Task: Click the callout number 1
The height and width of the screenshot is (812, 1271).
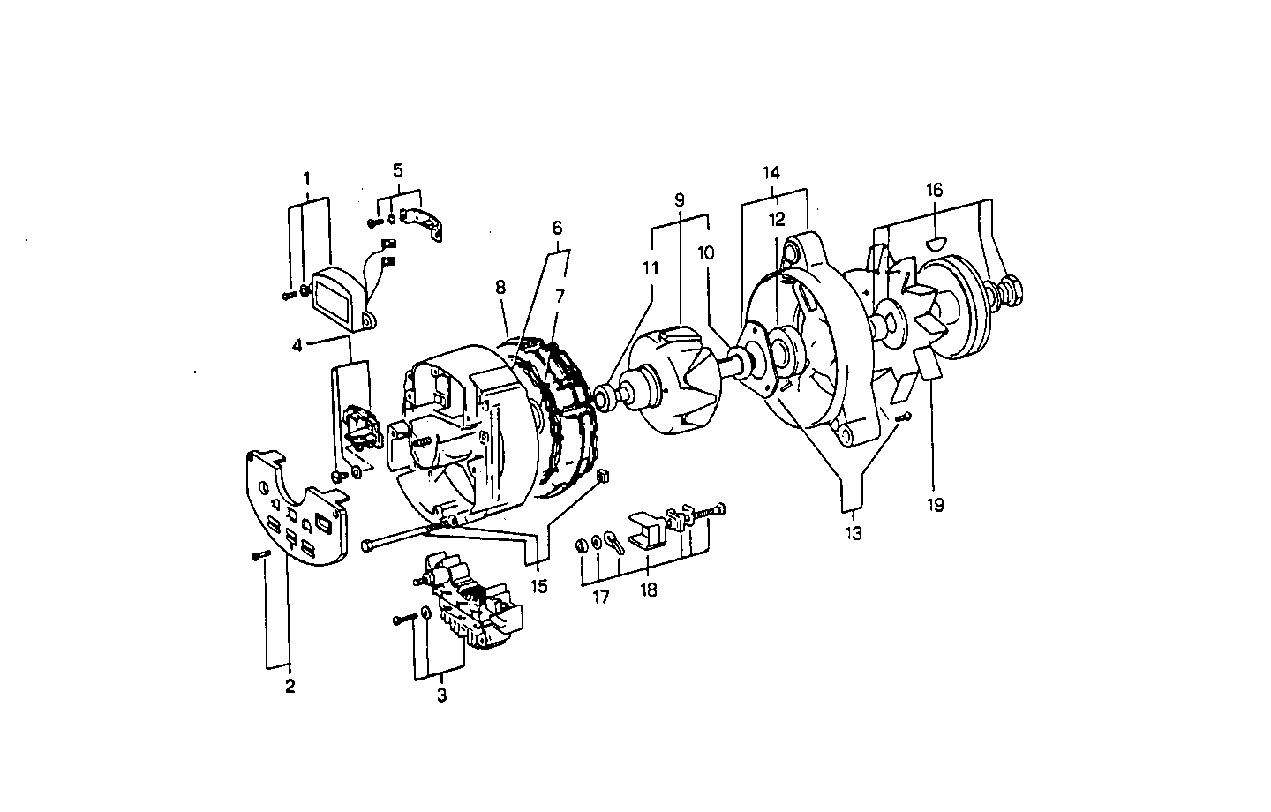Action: click(306, 178)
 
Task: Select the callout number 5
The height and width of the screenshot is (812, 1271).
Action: click(397, 170)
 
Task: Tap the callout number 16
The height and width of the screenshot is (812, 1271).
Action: click(935, 190)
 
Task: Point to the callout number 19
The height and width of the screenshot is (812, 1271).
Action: click(935, 505)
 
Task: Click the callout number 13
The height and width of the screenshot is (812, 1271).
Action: click(854, 533)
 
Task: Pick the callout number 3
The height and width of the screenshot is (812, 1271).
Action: click(441, 695)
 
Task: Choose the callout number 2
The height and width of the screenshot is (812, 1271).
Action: click(290, 686)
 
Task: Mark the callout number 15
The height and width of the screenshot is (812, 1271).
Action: click(538, 585)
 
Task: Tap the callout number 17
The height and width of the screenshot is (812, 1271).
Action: click(600, 598)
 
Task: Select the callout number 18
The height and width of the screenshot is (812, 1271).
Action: click(649, 590)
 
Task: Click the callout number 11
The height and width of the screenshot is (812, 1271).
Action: click(651, 268)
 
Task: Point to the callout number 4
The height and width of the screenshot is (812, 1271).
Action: click(297, 345)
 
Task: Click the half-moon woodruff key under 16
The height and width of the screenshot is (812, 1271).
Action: click(936, 241)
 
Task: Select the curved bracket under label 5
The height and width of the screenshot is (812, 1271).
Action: click(423, 222)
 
